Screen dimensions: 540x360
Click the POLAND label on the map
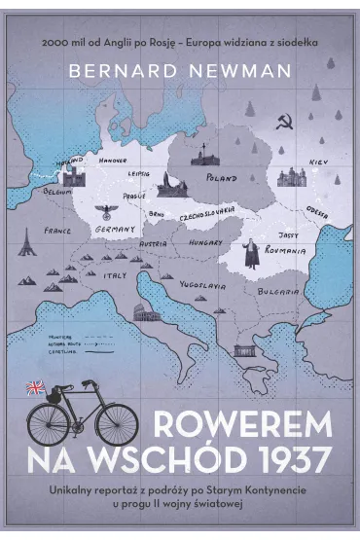click(x=222, y=179)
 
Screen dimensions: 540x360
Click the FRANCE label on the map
click(x=57, y=233)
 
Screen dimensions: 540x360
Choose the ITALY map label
click(x=115, y=275)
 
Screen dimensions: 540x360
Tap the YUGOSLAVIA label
click(x=203, y=286)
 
